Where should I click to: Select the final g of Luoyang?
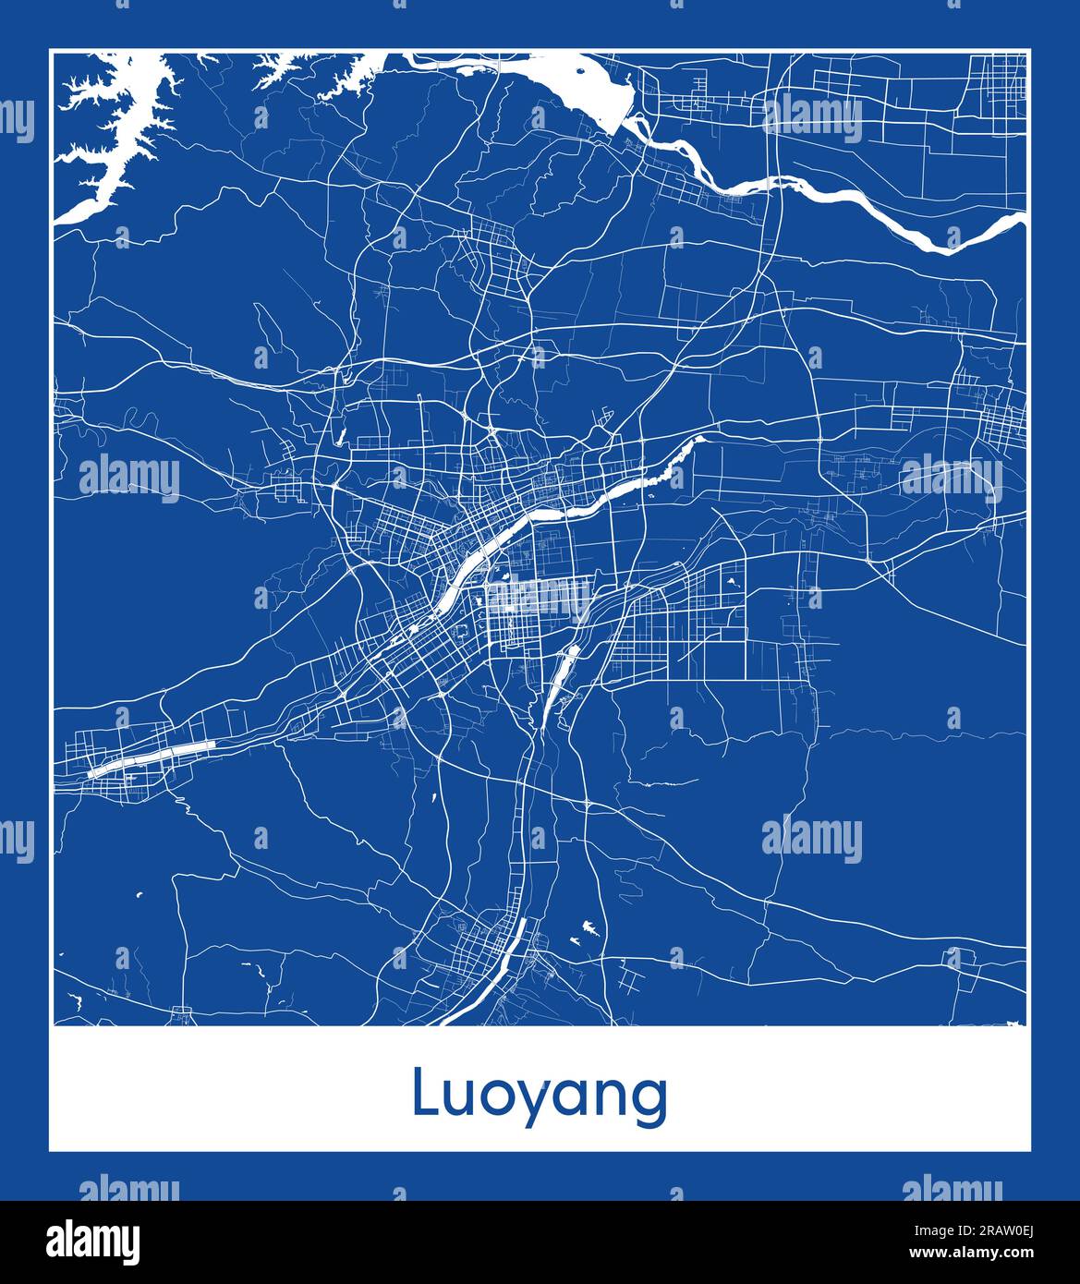pos(649,1104)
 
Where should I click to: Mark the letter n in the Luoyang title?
pos(614,1098)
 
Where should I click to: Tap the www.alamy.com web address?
pos(991,1253)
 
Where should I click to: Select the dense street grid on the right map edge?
pos(1002,420)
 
